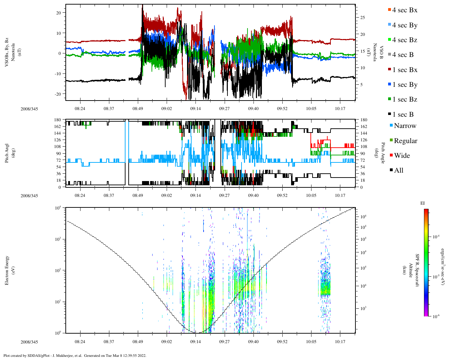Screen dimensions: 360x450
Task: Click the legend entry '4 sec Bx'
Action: click(x=405, y=10)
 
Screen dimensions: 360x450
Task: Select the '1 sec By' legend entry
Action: click(x=405, y=85)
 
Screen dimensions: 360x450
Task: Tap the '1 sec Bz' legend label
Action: click(x=405, y=99)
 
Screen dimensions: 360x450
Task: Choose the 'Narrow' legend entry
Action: click(x=405, y=126)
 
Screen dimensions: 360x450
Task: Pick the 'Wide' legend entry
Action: click(x=402, y=156)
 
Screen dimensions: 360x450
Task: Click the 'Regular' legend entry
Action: click(x=405, y=141)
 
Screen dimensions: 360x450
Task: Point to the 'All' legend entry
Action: click(x=399, y=171)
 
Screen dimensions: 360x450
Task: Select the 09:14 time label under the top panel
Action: click(x=195, y=109)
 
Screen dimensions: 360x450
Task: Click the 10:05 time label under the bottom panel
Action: click(x=311, y=342)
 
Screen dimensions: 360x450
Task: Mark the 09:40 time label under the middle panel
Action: click(x=253, y=195)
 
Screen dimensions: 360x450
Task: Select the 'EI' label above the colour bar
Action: click(x=423, y=203)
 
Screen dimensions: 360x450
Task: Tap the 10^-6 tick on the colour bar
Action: click(x=436, y=316)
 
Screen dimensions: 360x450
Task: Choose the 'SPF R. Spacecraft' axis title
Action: click(x=417, y=270)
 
